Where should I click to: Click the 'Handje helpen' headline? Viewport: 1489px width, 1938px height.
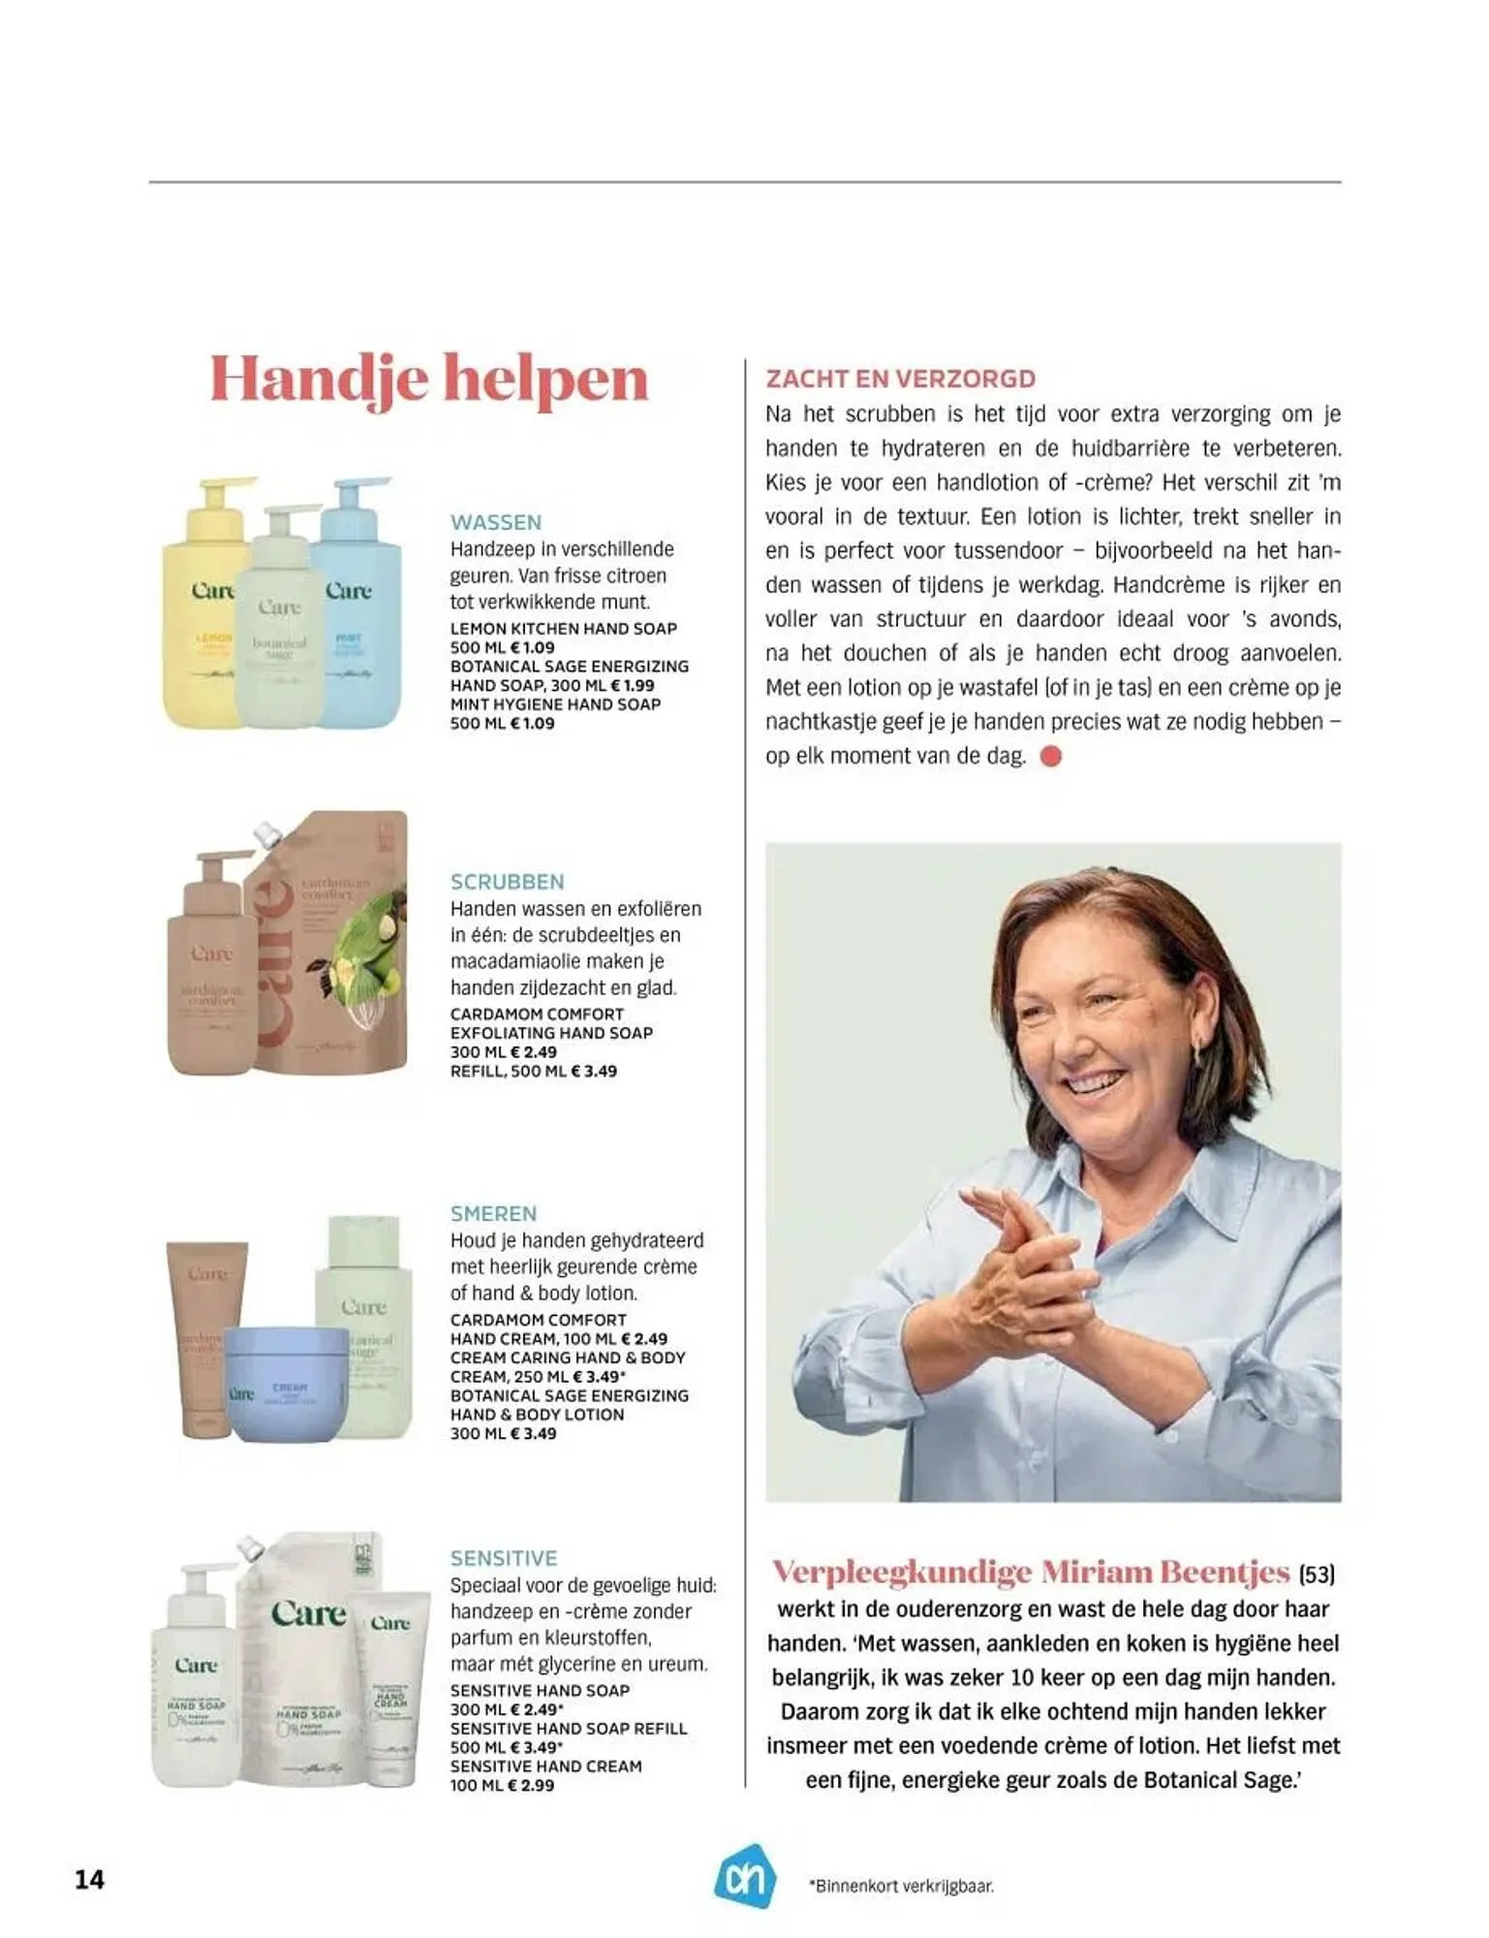pyautogui.click(x=428, y=379)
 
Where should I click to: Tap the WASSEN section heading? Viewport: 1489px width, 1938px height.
pyautogui.click(x=495, y=522)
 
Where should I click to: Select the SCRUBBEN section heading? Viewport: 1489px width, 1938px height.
pyautogui.click(x=507, y=882)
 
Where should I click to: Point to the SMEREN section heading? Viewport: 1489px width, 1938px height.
pyautogui.click(x=493, y=1213)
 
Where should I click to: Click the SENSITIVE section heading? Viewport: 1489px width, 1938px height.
pyautogui.click(x=504, y=1558)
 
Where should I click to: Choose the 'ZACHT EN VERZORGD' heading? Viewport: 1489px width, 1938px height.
pyautogui.click(x=901, y=379)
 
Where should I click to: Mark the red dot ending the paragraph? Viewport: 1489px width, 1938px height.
pyautogui.click(x=1051, y=756)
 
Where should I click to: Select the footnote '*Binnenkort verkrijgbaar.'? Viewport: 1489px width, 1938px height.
pyautogui.click(x=900, y=1886)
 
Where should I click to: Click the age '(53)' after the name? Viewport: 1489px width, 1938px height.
pyautogui.click(x=1317, y=1575)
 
